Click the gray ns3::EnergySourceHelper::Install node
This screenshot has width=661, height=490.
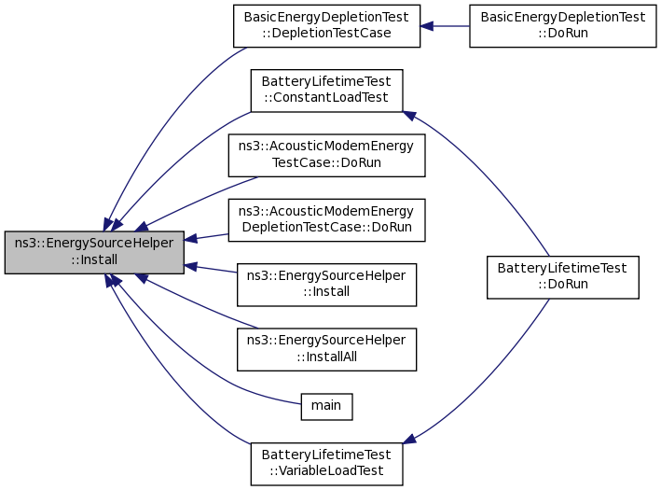click(x=94, y=252)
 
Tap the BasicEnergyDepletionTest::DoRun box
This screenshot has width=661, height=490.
click(x=562, y=26)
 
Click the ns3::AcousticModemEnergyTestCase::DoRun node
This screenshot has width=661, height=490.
click(x=326, y=155)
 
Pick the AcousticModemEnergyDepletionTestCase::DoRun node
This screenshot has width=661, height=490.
click(x=326, y=219)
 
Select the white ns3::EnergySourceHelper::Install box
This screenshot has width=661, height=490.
click(x=326, y=284)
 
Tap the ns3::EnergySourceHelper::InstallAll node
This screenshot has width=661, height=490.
click(x=326, y=348)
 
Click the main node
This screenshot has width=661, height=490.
click(x=325, y=405)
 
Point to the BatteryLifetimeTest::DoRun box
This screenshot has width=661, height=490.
click(x=562, y=277)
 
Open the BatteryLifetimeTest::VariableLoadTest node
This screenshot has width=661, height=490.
click(x=326, y=463)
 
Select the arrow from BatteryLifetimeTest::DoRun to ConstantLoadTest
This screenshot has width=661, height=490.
click(x=485, y=177)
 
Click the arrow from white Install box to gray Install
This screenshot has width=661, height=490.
click(x=211, y=269)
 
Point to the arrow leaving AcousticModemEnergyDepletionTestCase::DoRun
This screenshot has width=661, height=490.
click(x=207, y=237)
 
